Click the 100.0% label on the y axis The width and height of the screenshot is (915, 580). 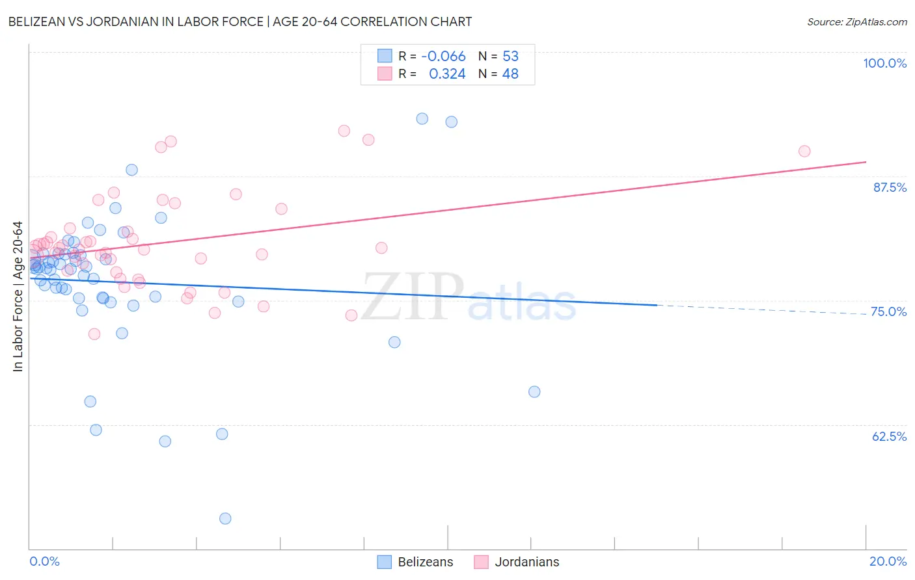(x=884, y=63)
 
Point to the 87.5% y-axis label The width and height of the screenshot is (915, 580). (x=889, y=187)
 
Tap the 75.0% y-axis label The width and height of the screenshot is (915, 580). (x=888, y=311)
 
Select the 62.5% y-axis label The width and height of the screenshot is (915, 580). (x=889, y=436)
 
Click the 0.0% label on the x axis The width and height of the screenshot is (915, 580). (x=44, y=561)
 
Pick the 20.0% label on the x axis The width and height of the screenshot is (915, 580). (x=888, y=561)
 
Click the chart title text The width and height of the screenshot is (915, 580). (x=240, y=21)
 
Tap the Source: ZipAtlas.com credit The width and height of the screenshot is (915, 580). (x=856, y=21)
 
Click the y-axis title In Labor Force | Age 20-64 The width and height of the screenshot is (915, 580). (x=18, y=297)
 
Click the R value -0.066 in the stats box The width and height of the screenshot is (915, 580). (x=443, y=57)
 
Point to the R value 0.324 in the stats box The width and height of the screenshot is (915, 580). (x=447, y=74)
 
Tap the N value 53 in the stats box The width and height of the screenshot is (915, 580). (x=510, y=57)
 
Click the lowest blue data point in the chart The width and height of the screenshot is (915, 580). (x=225, y=518)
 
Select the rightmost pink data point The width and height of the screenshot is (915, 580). (x=804, y=152)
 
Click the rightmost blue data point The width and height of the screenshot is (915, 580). (x=534, y=391)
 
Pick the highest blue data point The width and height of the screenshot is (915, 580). (x=422, y=118)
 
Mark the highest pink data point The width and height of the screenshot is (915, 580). (x=344, y=131)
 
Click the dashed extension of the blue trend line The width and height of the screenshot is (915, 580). (x=761, y=310)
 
